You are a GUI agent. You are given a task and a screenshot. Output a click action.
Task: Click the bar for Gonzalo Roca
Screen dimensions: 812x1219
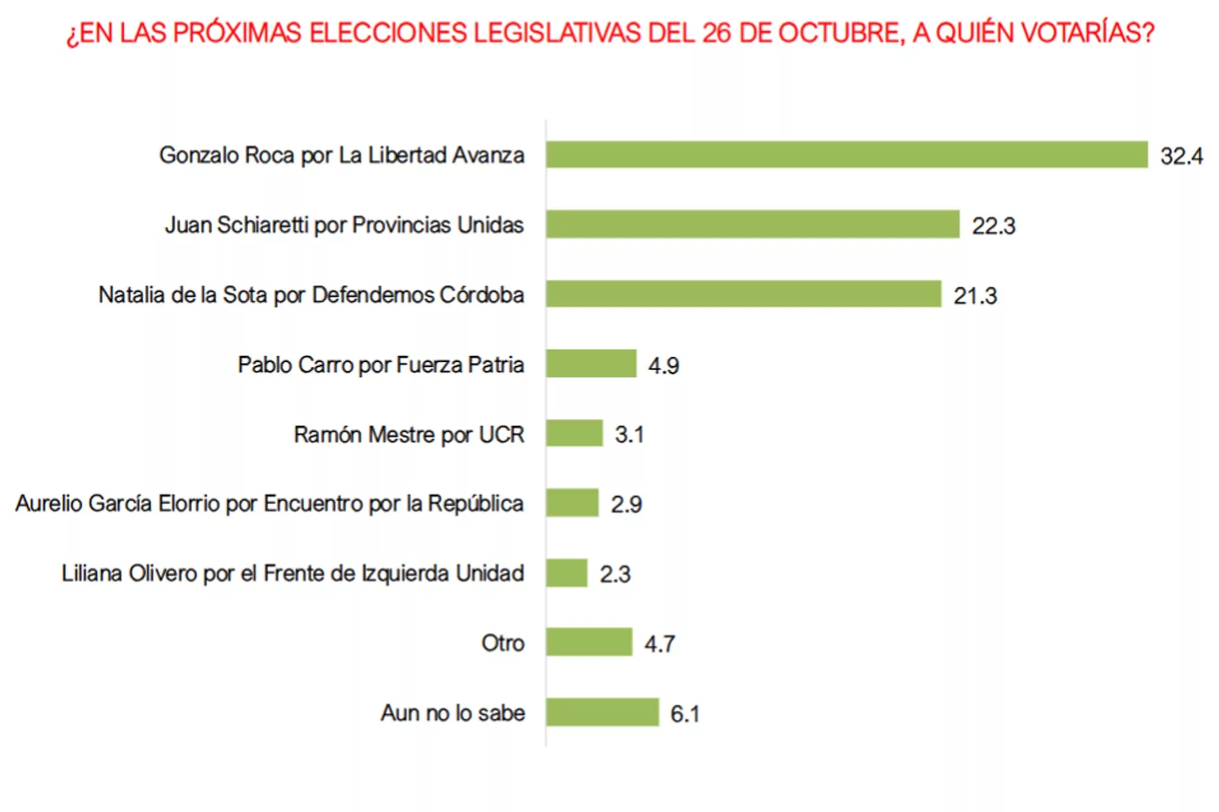pyautogui.click(x=847, y=155)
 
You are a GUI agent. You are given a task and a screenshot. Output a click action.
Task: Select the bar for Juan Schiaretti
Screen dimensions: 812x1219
pyautogui.click(x=753, y=224)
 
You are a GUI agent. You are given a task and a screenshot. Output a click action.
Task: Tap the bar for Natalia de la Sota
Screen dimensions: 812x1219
pyautogui.click(x=744, y=294)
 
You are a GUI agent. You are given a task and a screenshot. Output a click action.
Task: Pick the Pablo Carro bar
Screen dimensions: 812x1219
pyautogui.click(x=591, y=364)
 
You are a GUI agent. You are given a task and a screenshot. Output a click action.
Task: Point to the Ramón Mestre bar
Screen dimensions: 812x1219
pyautogui.click(x=574, y=433)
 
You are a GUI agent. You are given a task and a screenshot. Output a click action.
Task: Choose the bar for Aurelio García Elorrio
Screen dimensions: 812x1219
pyautogui.click(x=572, y=503)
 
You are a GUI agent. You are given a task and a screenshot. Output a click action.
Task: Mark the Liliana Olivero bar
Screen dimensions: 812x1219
pyautogui.click(x=567, y=573)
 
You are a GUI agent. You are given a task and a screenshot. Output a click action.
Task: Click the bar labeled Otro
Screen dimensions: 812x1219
pyautogui.click(x=589, y=642)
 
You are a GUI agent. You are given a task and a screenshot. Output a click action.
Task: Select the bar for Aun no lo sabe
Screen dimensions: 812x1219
pyautogui.click(x=602, y=712)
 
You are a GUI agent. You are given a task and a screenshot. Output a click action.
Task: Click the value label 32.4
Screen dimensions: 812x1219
pyautogui.click(x=1181, y=157)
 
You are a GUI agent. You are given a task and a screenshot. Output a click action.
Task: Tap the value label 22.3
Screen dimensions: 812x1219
pyautogui.click(x=993, y=226)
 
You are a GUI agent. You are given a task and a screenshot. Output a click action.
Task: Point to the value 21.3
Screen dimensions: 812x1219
pyautogui.click(x=975, y=296)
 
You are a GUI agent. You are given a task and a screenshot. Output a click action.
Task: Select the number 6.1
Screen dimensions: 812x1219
pyautogui.click(x=684, y=714)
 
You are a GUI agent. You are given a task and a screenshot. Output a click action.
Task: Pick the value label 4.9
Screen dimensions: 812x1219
pyautogui.click(x=663, y=365)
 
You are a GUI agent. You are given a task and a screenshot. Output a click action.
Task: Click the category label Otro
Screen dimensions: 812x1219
pyautogui.click(x=503, y=643)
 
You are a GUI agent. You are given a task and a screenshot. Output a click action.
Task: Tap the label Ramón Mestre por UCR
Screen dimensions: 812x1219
pyautogui.click(x=409, y=435)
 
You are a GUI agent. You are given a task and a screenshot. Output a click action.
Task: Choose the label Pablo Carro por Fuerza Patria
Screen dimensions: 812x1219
pyautogui.click(x=381, y=365)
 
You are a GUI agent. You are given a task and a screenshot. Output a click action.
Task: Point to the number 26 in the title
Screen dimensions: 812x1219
pyautogui.click(x=716, y=33)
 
